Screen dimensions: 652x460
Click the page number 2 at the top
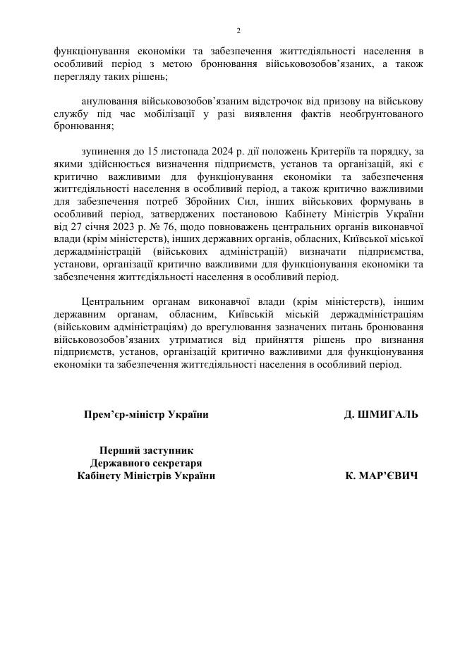point(238,31)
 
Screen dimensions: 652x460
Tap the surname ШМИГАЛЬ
point(391,414)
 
